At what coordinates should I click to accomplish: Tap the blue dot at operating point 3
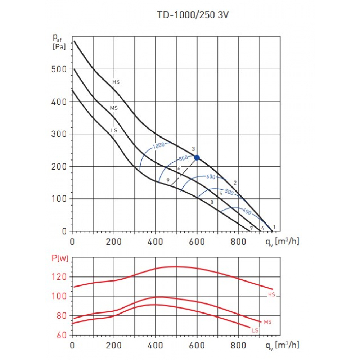pos(197,157)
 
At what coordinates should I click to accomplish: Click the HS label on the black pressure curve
pos(116,82)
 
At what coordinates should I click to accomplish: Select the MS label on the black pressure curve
pos(114,108)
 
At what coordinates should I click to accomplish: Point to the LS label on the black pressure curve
pos(114,130)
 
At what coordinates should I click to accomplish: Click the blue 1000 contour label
pos(158,145)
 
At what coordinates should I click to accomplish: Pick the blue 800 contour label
pos(183,158)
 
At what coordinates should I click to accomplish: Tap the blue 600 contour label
pos(211,177)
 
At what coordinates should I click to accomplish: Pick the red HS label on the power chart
pos(271,295)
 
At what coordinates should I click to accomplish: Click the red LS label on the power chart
pos(255,330)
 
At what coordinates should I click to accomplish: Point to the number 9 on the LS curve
pos(168,180)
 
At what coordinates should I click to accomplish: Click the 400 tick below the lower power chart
pos(155,345)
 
